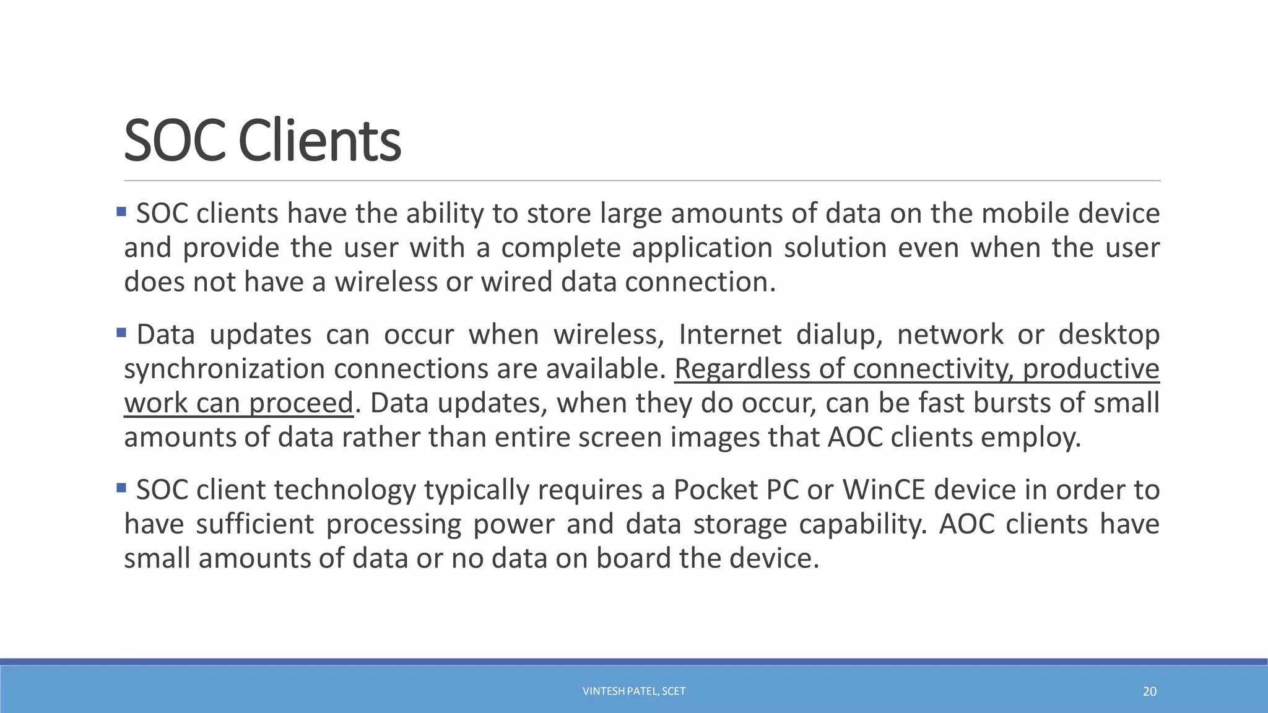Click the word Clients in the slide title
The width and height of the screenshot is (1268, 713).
tap(319, 141)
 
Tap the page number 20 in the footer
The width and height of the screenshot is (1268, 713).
tap(1149, 691)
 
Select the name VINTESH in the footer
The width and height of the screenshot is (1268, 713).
tap(603, 691)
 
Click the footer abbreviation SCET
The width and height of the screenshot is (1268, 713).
tap(674, 691)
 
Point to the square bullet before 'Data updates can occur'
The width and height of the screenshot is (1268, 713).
tap(121, 333)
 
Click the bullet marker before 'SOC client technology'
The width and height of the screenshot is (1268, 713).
tap(121, 488)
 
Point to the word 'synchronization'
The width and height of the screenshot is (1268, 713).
tap(224, 369)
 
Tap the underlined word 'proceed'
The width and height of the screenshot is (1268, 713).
tap(301, 404)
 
